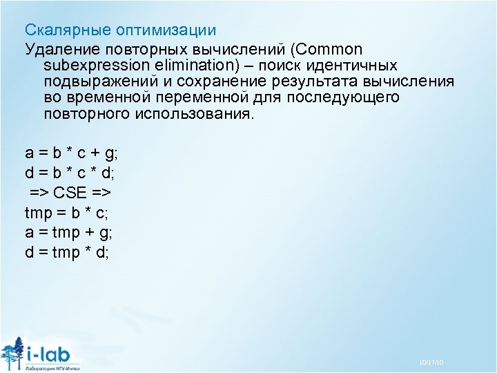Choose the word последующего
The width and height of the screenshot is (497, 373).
point(350,97)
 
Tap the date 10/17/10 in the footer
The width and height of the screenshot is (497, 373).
point(431,363)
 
